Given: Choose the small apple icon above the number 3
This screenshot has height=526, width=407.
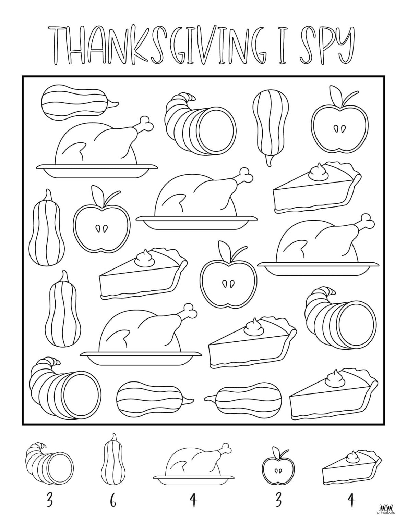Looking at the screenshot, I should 278,465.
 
